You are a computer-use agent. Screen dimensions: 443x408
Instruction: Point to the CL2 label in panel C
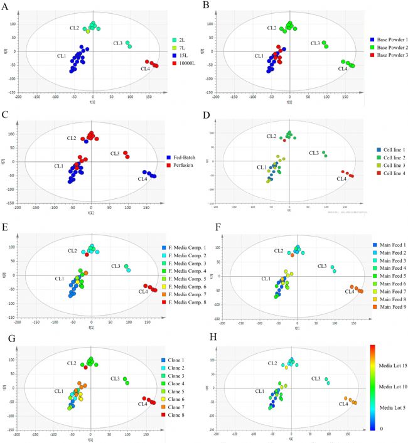(71, 138)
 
